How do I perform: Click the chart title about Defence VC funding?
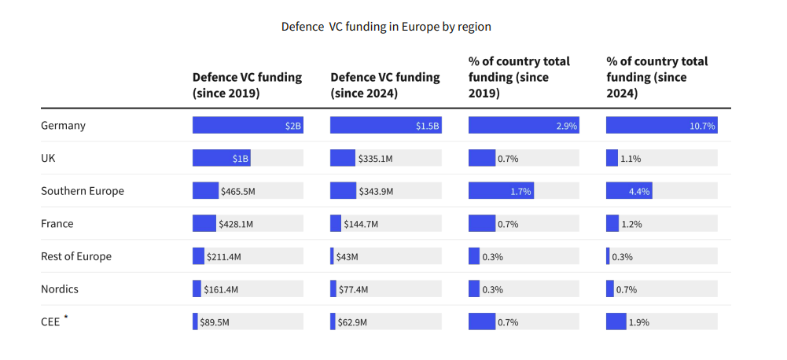point(386,27)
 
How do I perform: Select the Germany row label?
point(63,126)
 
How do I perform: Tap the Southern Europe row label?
point(83,191)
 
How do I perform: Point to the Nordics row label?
point(60,289)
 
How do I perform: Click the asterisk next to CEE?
point(66,318)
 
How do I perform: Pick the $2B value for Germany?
point(292,126)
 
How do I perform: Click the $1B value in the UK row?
point(241,159)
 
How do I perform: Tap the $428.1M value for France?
point(236,224)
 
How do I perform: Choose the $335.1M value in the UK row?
point(377,159)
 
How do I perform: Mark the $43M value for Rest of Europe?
point(347,257)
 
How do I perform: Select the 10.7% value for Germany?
point(701,126)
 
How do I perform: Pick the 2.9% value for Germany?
point(566,126)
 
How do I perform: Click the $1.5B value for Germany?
point(427,126)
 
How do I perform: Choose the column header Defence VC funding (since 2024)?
point(385,85)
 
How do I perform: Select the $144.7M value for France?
point(361,224)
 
